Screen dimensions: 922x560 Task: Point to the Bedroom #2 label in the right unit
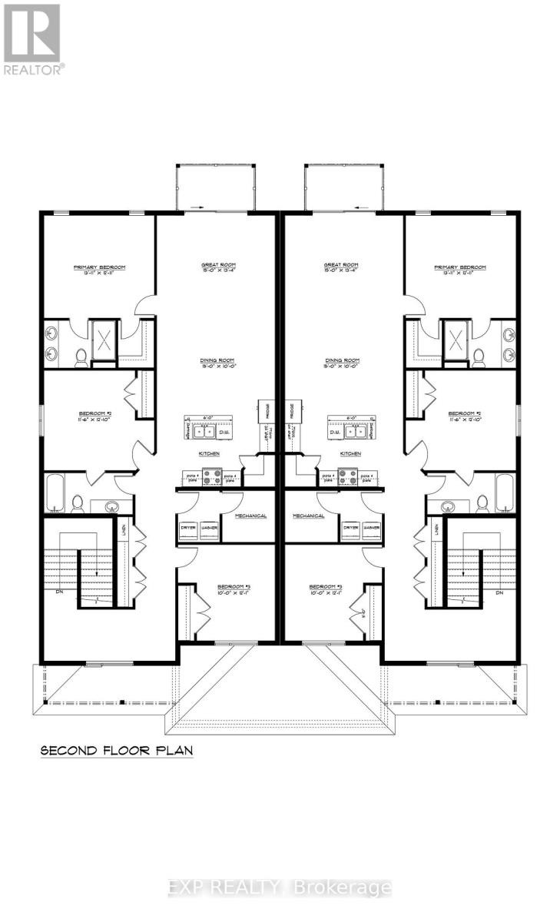[464, 413]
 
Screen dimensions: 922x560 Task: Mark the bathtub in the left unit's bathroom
[56, 493]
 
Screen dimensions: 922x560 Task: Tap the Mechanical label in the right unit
[308, 516]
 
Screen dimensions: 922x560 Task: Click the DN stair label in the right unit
[499, 593]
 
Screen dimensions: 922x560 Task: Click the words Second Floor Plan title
[116, 749]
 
